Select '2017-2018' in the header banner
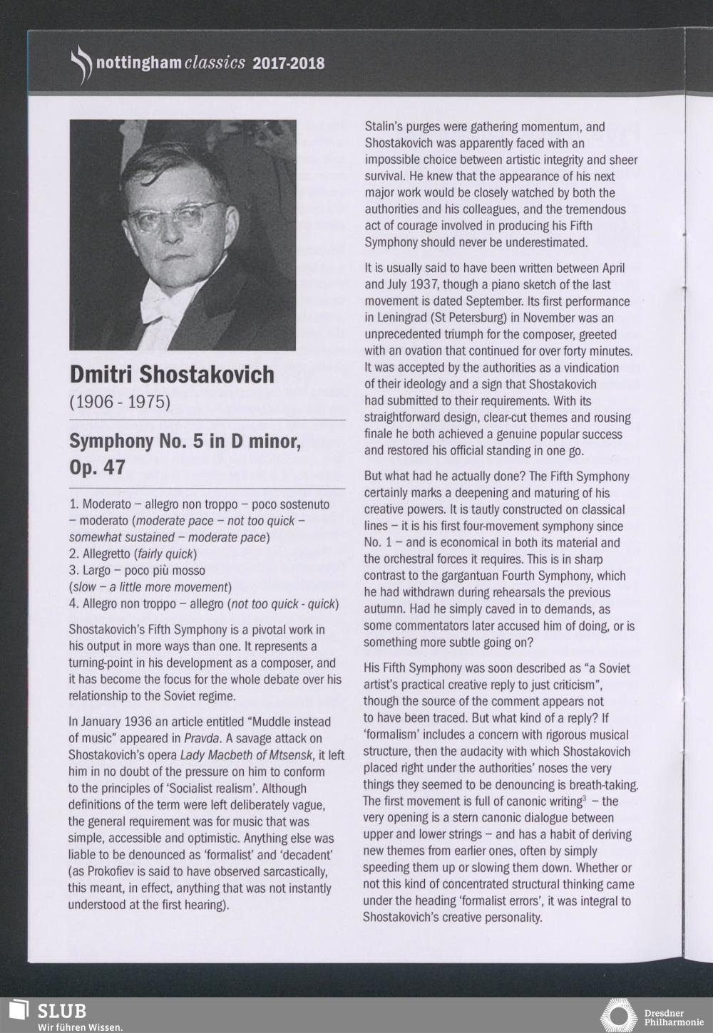[x=288, y=63]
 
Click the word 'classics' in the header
[x=215, y=63]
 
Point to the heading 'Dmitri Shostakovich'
[x=172, y=374]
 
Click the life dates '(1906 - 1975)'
[x=120, y=402]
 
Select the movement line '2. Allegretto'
[x=100, y=554]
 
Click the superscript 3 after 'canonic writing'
[x=585, y=799]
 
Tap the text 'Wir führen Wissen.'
[x=79, y=1027]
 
